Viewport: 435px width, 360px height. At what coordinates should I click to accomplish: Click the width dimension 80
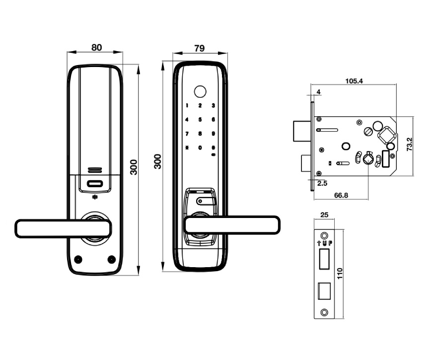(96, 48)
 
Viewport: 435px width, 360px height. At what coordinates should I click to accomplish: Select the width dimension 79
(199, 48)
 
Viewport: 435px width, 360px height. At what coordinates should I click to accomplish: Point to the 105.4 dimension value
(354, 81)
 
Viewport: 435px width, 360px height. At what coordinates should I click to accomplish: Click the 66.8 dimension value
(341, 196)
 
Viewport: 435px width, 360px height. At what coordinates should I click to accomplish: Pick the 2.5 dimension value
(322, 183)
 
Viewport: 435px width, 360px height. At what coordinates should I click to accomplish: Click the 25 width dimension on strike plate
(324, 215)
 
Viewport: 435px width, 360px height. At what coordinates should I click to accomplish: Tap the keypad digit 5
(200, 119)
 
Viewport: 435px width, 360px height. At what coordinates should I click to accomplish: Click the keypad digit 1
(187, 105)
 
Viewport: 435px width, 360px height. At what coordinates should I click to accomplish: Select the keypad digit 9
(213, 134)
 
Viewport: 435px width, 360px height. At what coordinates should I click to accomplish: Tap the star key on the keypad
(187, 147)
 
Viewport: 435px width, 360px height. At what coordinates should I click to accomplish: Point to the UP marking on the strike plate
(324, 243)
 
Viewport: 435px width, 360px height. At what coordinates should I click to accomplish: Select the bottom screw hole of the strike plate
(324, 312)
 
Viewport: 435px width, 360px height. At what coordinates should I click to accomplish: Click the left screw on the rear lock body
(77, 259)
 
